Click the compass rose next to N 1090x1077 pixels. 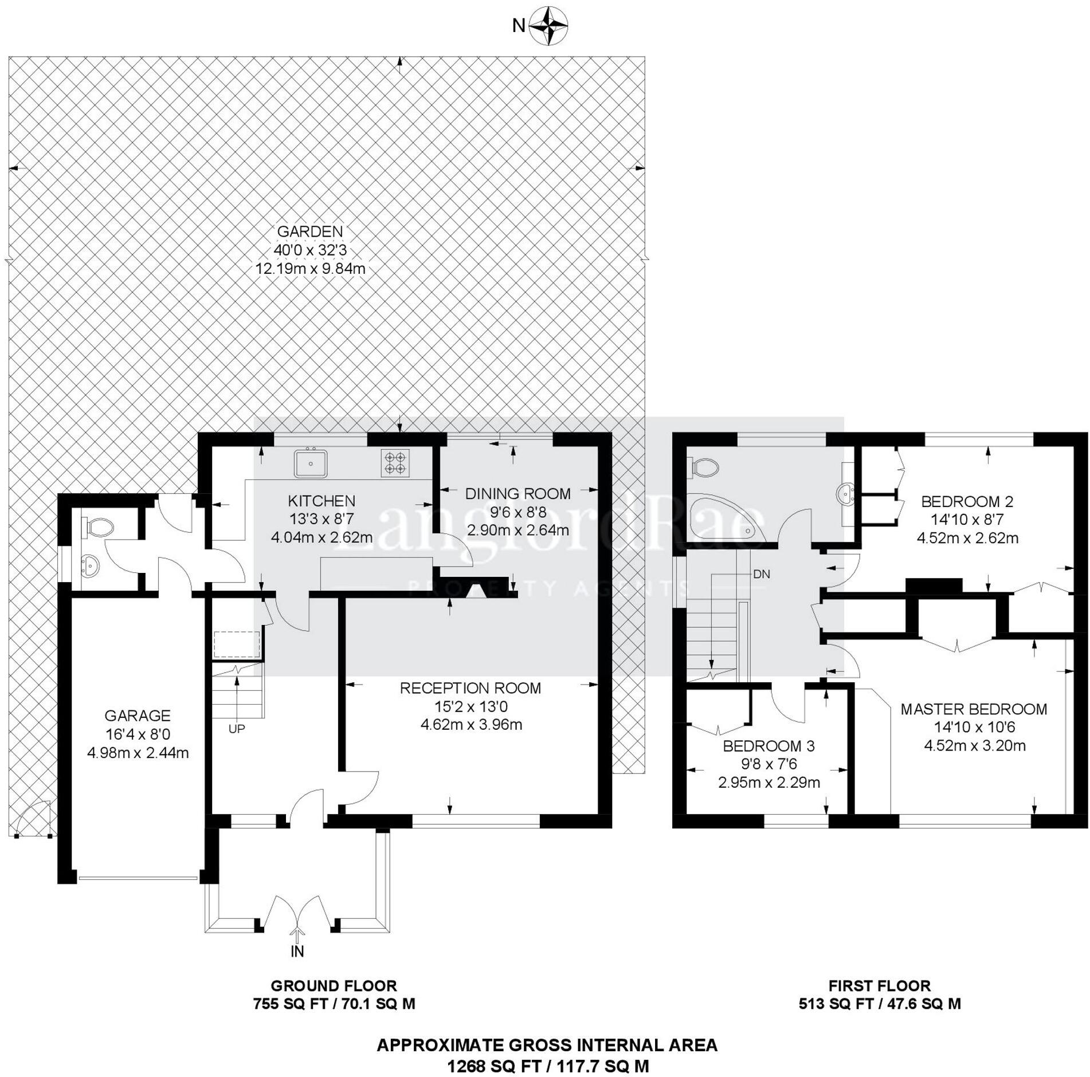pos(548,26)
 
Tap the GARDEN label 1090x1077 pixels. pos(309,231)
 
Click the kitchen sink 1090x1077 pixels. pos(311,463)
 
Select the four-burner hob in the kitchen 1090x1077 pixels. pos(395,463)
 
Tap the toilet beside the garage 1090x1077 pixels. pos(99,526)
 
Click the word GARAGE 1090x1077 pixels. pos(138,716)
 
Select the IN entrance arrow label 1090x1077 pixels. pos(297,952)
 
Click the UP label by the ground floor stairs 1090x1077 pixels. pos(237,729)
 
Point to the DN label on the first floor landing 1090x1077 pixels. pos(762,574)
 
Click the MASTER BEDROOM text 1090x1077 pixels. pos(974,709)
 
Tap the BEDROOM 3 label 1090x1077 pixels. pos(769,746)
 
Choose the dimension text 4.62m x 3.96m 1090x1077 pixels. pos(471,725)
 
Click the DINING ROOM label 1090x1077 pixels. pos(517,493)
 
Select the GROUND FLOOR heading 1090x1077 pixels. pos(334,986)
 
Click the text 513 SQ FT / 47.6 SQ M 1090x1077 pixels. pos(880,1004)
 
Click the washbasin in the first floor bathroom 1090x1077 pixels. pos(845,493)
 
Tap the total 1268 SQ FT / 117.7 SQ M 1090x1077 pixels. pos(547,1066)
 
